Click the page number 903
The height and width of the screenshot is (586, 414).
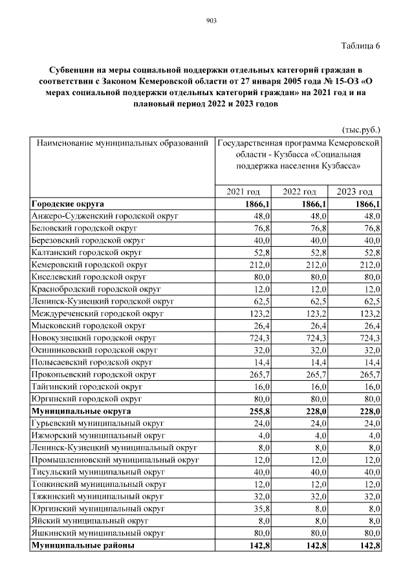[210, 21]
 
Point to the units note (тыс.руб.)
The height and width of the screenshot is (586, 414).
[360, 129]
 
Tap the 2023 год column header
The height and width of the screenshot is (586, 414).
[356, 192]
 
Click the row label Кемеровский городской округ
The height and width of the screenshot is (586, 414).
[89, 264]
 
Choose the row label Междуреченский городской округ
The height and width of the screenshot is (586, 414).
[96, 313]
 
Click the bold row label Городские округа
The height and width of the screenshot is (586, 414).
[67, 203]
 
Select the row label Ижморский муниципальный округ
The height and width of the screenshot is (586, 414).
[98, 436]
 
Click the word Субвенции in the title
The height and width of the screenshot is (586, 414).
[73, 69]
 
